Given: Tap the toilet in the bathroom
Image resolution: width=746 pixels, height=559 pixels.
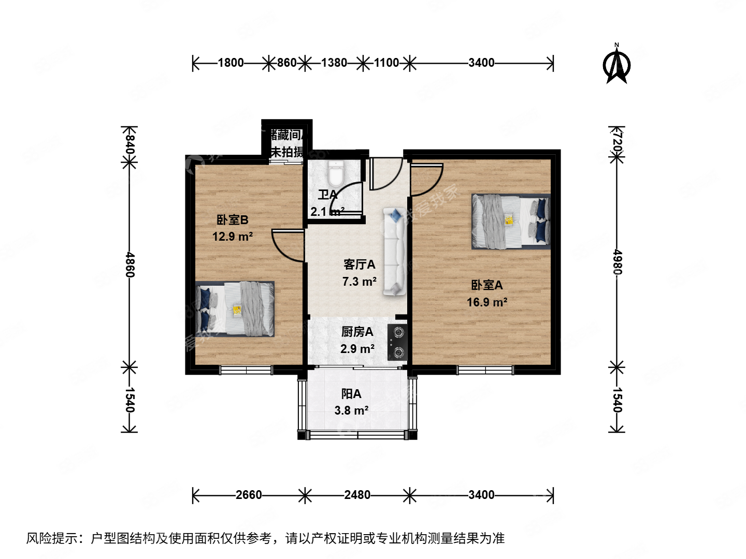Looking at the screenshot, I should click(x=336, y=173).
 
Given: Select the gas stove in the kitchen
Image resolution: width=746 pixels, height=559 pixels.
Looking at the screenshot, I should click(x=398, y=343).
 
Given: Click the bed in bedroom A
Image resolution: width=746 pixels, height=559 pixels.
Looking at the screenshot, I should click(x=510, y=222).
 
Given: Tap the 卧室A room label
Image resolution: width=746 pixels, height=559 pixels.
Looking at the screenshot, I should click(x=486, y=285).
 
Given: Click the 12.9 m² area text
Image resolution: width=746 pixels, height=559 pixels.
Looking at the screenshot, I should click(x=233, y=237).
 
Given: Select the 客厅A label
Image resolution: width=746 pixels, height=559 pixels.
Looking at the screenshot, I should click(x=359, y=264).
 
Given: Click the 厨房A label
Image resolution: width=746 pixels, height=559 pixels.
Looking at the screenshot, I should click(x=357, y=332).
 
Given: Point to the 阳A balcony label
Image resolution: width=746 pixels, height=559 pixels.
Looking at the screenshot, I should click(x=351, y=394).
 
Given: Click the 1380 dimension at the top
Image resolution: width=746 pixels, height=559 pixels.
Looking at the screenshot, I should click(x=334, y=63).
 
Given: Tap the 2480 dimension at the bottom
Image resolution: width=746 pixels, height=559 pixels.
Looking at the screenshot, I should click(x=357, y=495).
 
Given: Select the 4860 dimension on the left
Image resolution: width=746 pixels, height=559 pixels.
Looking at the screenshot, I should click(x=130, y=264).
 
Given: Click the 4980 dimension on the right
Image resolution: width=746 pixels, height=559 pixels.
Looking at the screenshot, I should click(x=616, y=262).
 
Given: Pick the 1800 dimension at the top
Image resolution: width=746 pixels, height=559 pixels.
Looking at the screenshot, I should click(x=231, y=63).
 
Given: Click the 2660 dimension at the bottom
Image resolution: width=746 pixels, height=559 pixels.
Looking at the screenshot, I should click(x=249, y=495).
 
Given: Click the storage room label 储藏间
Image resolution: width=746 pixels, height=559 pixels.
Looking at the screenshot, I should click(x=288, y=135).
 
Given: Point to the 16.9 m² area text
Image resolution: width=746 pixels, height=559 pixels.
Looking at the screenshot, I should click(x=487, y=302).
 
